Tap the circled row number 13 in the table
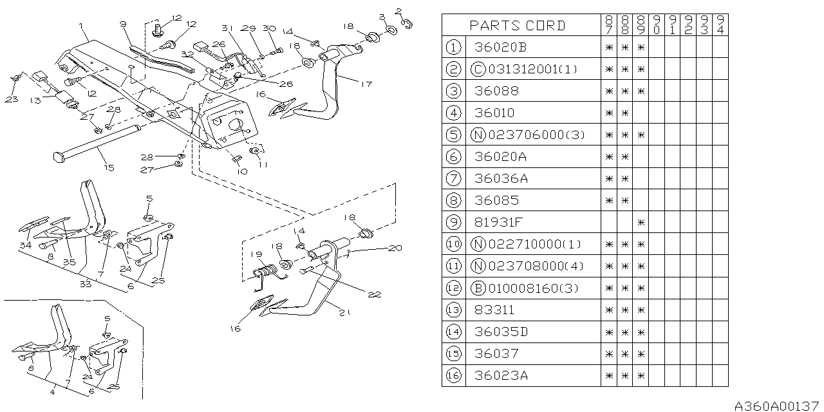[454, 310]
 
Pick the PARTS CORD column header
[518, 25]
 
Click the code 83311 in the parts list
[494, 310]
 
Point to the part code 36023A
[501, 375]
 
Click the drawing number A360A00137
[778, 404]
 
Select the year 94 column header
[720, 25]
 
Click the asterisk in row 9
[640, 222]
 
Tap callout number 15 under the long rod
[108, 168]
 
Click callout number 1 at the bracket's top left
[81, 26]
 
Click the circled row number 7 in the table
[454, 178]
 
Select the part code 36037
[496, 353]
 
